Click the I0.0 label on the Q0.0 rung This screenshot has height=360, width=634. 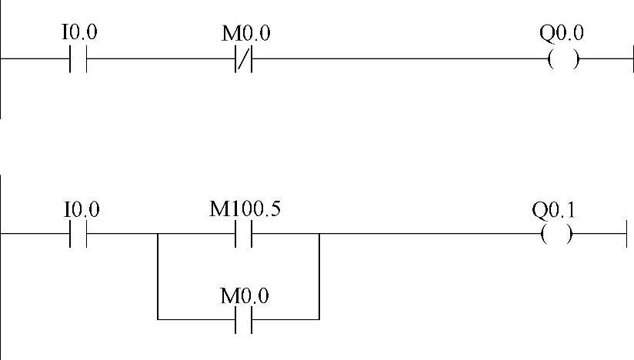coord(79,33)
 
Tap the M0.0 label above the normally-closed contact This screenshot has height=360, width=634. coord(245,34)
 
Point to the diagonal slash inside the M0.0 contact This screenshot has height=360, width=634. coord(244,59)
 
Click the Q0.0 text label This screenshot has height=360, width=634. coord(562,33)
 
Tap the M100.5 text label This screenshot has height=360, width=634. coord(245,209)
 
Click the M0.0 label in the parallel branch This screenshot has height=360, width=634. coord(245,295)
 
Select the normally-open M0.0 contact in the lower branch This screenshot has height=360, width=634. coord(244,318)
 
